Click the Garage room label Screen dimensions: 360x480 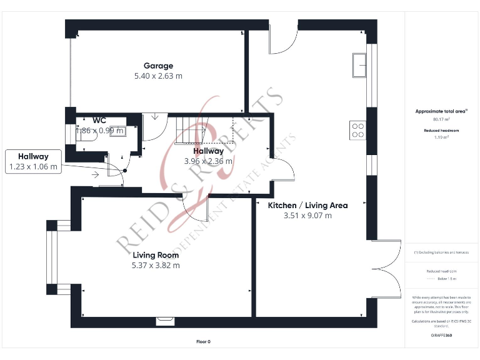coord(158,66)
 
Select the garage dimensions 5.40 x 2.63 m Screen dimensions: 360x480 coord(158,76)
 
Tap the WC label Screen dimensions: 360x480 coord(99,120)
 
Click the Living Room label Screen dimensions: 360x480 coord(156,255)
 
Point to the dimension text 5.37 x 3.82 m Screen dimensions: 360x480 coord(156,265)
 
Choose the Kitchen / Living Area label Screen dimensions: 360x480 coord(307,205)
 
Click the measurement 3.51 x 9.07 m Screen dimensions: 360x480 coord(307,216)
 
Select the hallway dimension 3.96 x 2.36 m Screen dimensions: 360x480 coord(208,161)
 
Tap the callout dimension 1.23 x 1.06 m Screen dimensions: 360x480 coord(33,167)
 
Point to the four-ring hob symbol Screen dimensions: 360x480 coord(358,130)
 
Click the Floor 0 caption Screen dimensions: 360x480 coord(204,342)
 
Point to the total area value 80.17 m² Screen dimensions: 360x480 coord(441,119)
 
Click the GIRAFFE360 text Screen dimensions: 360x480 coord(441,336)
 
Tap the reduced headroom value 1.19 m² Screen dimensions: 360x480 coord(441,137)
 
